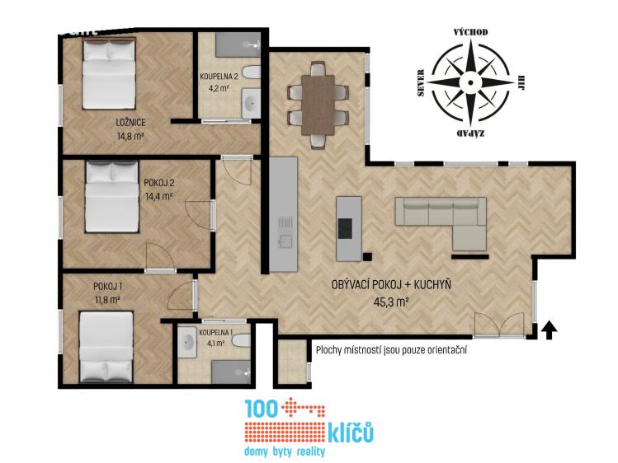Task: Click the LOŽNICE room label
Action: (130, 122)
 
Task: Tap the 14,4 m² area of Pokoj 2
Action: (159, 196)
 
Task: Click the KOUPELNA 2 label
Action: (224, 77)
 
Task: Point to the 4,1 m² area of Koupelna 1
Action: (215, 343)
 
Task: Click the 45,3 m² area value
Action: (390, 302)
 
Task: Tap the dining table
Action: (318, 105)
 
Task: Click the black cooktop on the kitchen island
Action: (345, 228)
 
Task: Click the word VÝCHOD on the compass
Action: (470, 32)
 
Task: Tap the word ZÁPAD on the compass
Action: (470, 133)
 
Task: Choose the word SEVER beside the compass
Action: (421, 83)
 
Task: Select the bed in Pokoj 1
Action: (106, 347)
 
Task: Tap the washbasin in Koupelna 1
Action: (186, 342)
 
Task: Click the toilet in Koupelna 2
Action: (251, 73)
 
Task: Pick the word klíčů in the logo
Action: (351, 433)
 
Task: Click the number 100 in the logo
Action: (261, 409)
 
